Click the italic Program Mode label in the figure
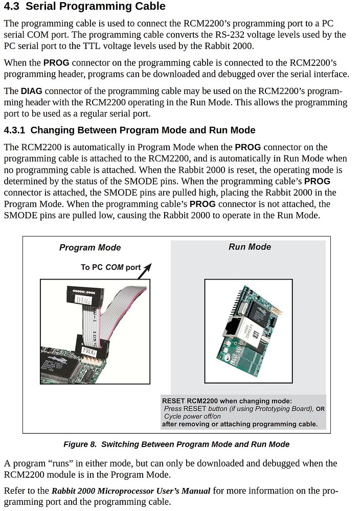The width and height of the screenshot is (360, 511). click(90, 247)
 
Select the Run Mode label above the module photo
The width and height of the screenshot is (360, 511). click(250, 247)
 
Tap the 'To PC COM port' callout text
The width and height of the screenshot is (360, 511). click(110, 267)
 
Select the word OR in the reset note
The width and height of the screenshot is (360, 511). click(320, 409)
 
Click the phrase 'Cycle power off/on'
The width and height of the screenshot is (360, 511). click(192, 416)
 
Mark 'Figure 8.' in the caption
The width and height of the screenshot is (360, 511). click(80, 444)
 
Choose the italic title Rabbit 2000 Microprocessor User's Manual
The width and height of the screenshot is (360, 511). click(131, 491)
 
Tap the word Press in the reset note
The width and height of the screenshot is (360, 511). click(174, 409)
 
